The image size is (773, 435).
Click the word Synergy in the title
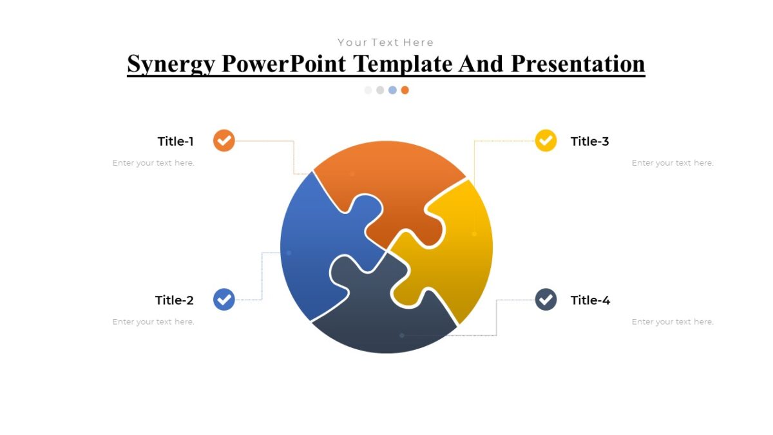(x=170, y=64)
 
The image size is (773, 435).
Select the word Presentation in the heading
(x=578, y=64)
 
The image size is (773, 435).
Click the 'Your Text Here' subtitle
(x=386, y=43)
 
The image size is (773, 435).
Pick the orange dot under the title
(x=405, y=90)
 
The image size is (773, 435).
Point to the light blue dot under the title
(x=392, y=90)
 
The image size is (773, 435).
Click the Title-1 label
(x=175, y=141)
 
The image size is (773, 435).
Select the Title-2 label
(x=174, y=300)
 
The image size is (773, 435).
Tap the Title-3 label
(x=589, y=141)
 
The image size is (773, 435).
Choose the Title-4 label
(x=590, y=300)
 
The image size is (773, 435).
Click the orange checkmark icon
(x=224, y=140)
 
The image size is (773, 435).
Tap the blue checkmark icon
(x=224, y=300)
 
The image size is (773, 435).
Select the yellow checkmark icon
(x=546, y=140)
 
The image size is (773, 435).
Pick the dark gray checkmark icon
(x=546, y=300)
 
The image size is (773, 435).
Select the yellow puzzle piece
(x=457, y=258)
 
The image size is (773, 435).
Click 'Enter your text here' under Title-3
(x=672, y=163)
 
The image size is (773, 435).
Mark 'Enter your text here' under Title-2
(x=153, y=322)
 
